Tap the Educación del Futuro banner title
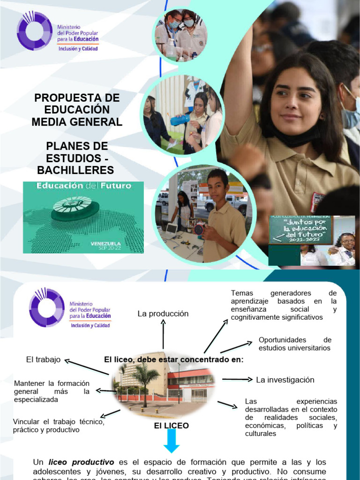click(83, 186)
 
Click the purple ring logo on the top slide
click(34, 31)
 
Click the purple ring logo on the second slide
click(46, 307)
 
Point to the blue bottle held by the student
click(180, 120)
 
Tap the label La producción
click(163, 314)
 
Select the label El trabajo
click(44, 360)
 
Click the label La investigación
click(285, 380)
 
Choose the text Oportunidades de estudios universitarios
click(295, 344)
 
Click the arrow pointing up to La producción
click(163, 334)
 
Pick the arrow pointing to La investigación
click(237, 379)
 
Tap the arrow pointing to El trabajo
click(86, 367)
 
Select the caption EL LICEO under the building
click(172, 426)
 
